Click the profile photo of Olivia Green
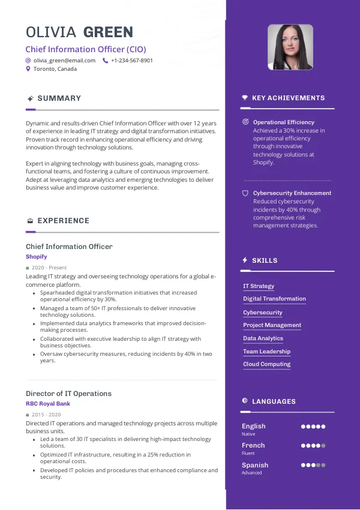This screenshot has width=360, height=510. tap(290, 47)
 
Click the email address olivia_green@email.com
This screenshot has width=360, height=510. tap(64, 61)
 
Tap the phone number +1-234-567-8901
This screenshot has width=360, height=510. tap(131, 61)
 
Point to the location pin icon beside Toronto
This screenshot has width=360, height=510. tap(28, 69)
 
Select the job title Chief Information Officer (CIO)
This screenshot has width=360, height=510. tap(86, 49)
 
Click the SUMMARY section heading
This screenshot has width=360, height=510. tap(59, 98)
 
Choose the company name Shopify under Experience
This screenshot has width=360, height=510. tap(36, 257)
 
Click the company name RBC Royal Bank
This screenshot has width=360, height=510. tap(48, 404)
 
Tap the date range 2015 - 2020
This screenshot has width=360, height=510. tap(46, 415)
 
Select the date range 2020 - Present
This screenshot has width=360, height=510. tap(49, 268)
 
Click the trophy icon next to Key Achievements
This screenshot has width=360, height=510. tap(245, 98)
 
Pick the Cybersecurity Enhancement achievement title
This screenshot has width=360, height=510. tap(292, 193)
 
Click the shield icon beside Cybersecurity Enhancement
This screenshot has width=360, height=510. tap(245, 193)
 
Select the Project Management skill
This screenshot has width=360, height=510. tap(272, 325)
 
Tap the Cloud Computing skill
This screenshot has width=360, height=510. tap(266, 364)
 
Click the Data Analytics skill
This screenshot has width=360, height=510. tap(263, 338)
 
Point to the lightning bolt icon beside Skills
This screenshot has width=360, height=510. tap(245, 260)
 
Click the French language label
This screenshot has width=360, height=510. tap(253, 445)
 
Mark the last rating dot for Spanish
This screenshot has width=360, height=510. tap(323, 465)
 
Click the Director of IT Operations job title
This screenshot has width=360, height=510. tap(68, 394)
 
